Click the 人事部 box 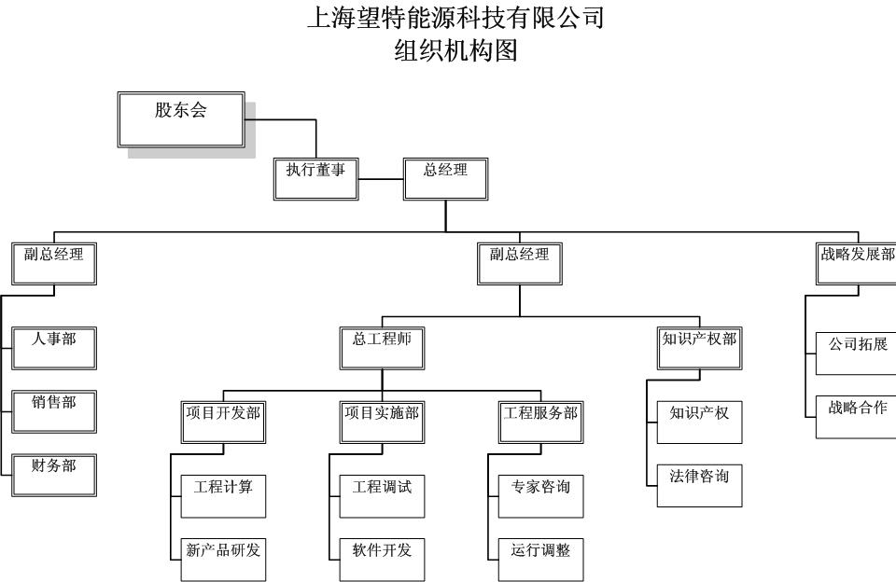54,347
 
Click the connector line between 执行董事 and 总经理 381,178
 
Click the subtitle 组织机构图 456,50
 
